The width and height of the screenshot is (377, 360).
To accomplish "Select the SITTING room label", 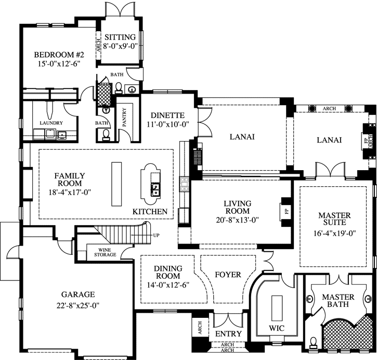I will (120, 37).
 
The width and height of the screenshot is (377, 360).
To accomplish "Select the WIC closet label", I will (275, 329).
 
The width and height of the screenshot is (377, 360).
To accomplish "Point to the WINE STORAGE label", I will (105, 252).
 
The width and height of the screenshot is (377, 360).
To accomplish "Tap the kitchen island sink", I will (154, 190).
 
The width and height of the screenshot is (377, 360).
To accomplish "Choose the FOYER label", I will (228, 274).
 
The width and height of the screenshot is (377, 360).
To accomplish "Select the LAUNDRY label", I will (51, 123).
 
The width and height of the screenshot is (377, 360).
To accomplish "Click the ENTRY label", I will (227, 333).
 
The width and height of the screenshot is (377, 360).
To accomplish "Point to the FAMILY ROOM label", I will (69, 180).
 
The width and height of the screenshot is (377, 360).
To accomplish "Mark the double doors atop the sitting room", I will (120, 9).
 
